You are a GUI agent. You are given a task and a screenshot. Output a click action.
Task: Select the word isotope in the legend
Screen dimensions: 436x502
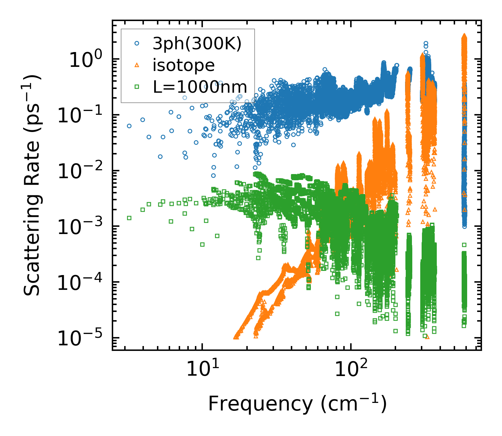(184, 65)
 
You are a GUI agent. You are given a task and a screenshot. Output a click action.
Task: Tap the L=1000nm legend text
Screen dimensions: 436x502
(200, 87)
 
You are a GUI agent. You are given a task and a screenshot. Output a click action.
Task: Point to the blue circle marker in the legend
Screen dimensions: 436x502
(137, 44)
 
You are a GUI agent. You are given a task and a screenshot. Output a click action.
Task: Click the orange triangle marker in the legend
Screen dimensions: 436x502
(137, 65)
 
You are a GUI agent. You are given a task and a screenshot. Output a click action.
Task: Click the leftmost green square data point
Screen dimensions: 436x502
(129, 218)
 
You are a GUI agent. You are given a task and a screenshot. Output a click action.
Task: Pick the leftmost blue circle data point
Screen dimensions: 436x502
(129, 126)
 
